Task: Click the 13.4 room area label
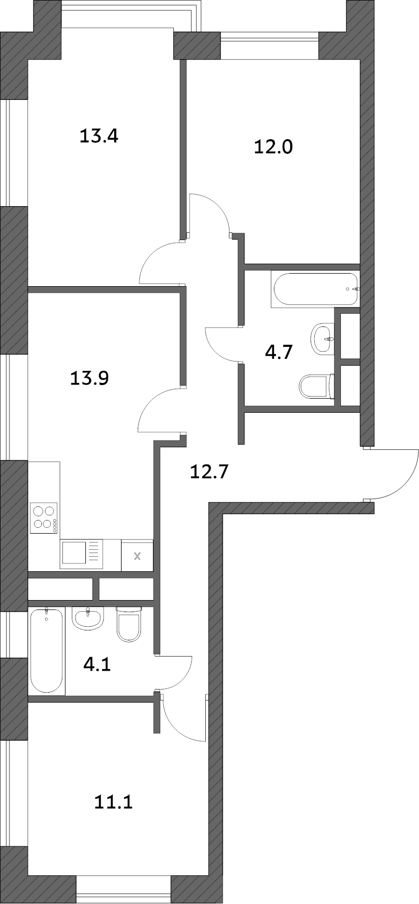click(100, 137)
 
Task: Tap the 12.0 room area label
click(273, 147)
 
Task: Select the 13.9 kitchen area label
click(89, 377)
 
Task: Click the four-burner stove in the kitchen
click(44, 517)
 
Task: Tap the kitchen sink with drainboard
click(81, 553)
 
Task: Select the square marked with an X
click(137, 556)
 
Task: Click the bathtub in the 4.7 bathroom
click(315, 289)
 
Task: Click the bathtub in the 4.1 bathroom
click(47, 651)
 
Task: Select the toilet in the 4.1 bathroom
click(128, 625)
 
